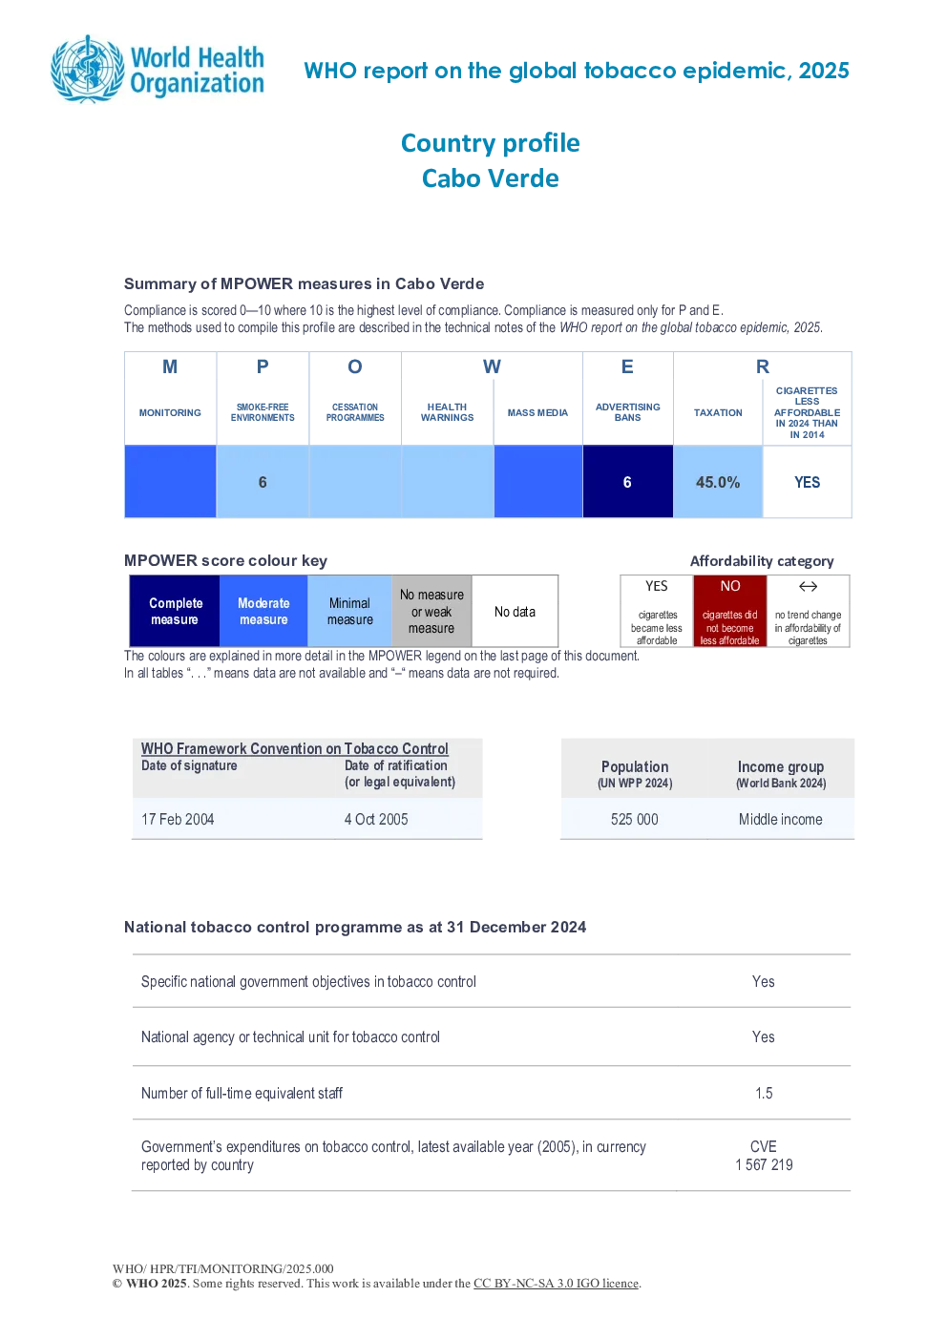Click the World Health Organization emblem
88,70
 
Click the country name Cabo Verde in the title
491,178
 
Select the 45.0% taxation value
718,482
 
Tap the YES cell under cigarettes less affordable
807,482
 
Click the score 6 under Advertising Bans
627,482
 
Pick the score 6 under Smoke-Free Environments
263,482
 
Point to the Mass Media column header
537,412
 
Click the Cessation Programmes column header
355,412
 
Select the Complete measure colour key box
175,610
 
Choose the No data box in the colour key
515,610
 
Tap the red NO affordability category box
730,610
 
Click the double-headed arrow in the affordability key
808,586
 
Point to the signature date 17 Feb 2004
178,819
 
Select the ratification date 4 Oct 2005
376,819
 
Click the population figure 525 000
634,819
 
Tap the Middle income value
780,819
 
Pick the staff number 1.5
764,1093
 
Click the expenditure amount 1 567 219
764,1164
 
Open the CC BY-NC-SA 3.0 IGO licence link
556,1283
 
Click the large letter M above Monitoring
170,366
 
